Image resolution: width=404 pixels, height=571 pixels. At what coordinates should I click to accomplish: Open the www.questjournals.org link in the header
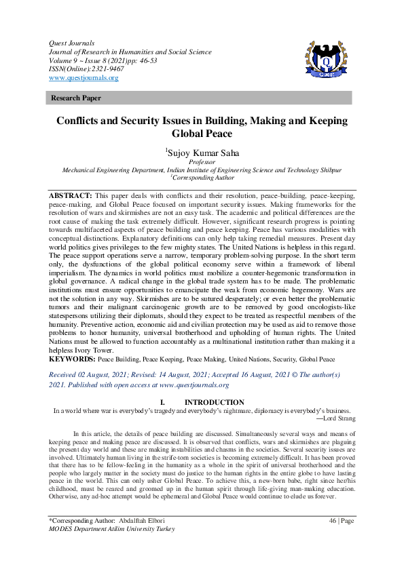[84, 78]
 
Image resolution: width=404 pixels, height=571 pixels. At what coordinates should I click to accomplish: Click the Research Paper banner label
[76, 98]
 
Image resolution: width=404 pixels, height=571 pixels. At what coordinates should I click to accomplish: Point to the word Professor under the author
[202, 163]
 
